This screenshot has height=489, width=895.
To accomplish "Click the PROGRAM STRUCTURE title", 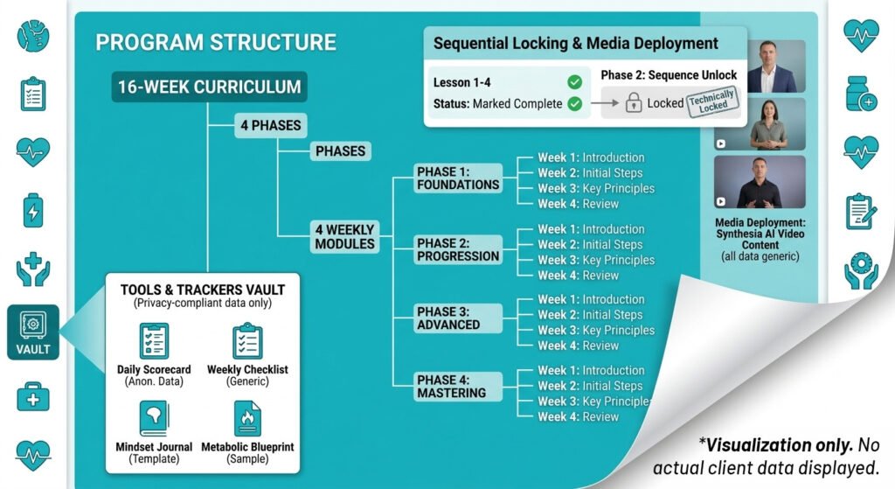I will [215, 42].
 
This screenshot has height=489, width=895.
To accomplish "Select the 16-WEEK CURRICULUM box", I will [209, 87].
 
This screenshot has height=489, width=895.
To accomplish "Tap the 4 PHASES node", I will [270, 125].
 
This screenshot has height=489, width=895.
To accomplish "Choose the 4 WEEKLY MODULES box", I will [344, 237].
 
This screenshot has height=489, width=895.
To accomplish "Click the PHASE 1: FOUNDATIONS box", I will [458, 178].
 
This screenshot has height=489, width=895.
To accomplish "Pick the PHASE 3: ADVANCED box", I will [448, 318].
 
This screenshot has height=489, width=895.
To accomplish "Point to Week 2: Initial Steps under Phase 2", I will [590, 245].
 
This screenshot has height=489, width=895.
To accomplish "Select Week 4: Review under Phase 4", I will [578, 416].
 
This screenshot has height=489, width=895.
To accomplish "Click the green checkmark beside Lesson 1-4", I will [574, 82].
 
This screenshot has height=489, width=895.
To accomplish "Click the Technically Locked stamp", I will [711, 101].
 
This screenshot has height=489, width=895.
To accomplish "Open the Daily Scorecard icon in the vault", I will [154, 341].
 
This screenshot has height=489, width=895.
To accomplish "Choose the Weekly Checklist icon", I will [246, 341].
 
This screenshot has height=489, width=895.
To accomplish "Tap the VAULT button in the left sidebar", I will [33, 332].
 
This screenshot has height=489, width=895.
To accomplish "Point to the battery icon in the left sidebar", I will [33, 210].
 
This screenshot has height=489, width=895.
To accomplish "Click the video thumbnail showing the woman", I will [747, 123].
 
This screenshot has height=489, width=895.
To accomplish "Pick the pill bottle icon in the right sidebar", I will [861, 94].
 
